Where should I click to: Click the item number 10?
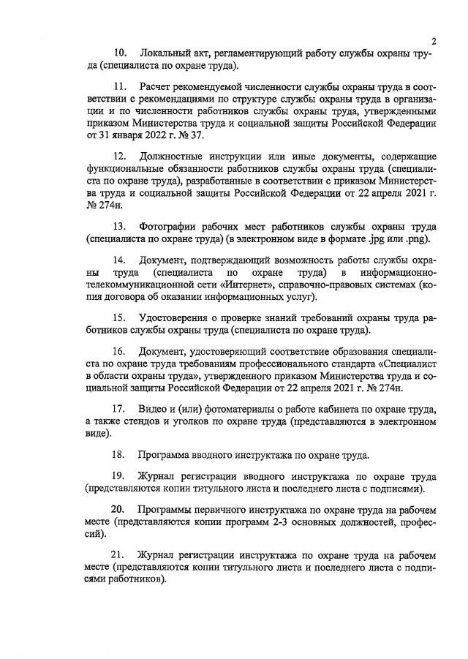tap(120, 53)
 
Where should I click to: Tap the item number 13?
tap(119, 226)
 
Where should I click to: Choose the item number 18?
tap(118, 454)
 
